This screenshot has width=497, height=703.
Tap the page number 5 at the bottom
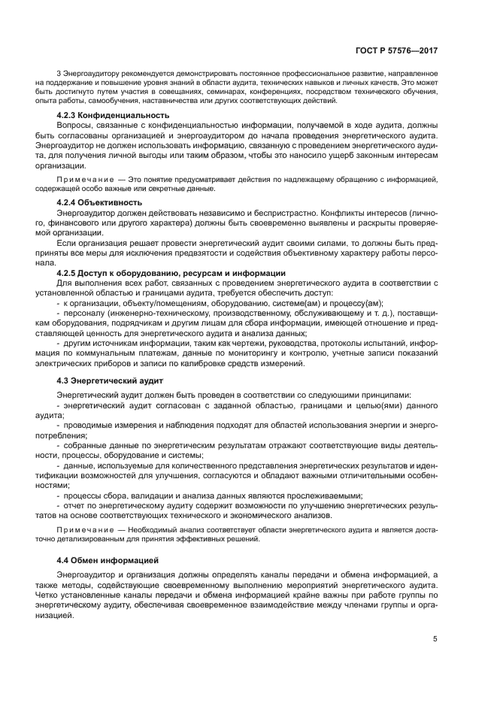pos(435,638)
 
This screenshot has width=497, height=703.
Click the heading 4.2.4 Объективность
pos(99,202)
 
